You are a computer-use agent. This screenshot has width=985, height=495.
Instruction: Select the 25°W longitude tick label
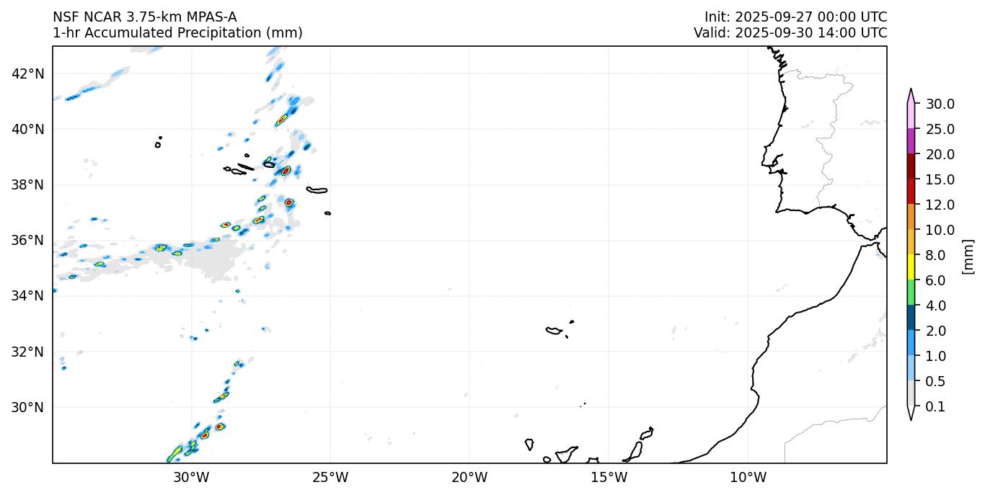click(x=330, y=477)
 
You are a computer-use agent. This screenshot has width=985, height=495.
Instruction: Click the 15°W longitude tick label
click(x=609, y=477)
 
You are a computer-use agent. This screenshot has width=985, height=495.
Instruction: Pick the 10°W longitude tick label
click(x=748, y=477)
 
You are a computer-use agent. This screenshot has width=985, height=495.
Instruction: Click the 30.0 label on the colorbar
click(x=940, y=104)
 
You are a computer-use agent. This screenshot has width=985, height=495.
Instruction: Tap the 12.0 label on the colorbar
click(x=940, y=205)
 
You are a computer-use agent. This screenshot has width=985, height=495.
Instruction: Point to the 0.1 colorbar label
click(x=935, y=407)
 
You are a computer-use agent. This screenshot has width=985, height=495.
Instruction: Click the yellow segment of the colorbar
click(x=911, y=267)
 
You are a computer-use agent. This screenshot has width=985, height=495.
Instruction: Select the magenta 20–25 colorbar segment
click(x=911, y=141)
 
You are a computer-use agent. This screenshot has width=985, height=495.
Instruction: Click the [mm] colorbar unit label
click(x=968, y=256)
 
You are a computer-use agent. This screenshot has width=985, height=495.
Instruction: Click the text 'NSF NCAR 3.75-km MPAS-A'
click(x=144, y=17)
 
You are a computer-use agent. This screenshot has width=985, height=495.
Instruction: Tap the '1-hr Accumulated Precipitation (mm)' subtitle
click(x=177, y=33)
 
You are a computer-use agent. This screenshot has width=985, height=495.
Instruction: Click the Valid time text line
click(x=790, y=33)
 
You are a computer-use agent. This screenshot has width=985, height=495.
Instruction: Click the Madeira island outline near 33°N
click(x=554, y=331)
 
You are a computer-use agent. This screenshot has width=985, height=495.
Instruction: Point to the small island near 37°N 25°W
click(x=328, y=213)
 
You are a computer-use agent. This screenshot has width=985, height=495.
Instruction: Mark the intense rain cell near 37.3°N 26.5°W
click(x=289, y=202)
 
